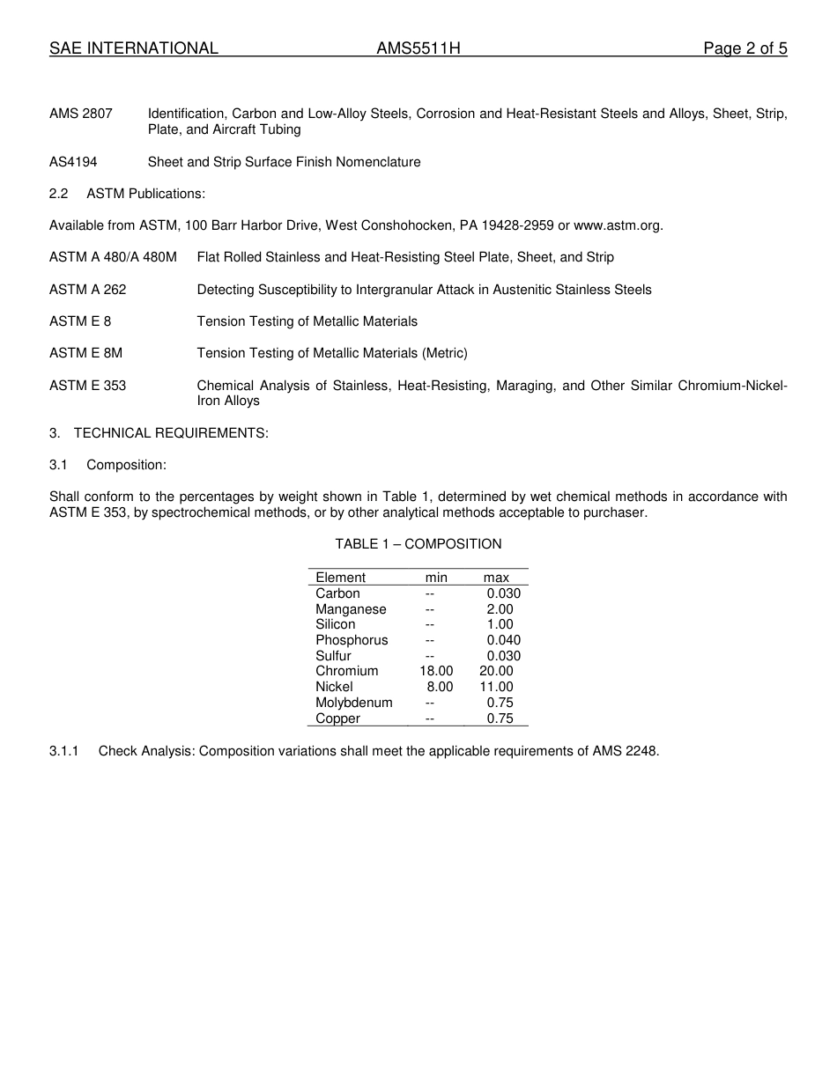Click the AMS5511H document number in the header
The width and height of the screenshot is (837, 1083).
point(418,49)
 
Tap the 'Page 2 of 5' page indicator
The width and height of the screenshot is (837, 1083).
point(744,49)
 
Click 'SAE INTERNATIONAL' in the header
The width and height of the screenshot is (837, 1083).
point(134,49)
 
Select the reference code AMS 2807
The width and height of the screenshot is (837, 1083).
point(81,114)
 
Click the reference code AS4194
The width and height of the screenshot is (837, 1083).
point(73,162)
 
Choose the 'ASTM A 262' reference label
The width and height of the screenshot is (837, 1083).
point(88,290)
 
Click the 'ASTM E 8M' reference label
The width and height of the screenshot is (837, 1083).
point(86,353)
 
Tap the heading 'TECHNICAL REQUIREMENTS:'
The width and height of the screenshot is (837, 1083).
point(171,433)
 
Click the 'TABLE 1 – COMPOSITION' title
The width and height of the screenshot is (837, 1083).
point(418,544)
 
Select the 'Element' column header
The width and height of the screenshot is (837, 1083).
point(340,578)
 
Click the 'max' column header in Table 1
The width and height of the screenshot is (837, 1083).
point(496,578)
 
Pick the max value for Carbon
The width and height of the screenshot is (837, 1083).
point(503,593)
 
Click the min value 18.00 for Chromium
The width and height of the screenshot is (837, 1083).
point(436,671)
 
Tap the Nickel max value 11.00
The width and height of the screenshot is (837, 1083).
point(496,687)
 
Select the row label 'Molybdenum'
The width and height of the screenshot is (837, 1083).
point(354,703)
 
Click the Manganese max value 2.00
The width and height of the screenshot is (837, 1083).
point(500,609)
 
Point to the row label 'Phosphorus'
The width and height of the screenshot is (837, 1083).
point(352,640)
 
